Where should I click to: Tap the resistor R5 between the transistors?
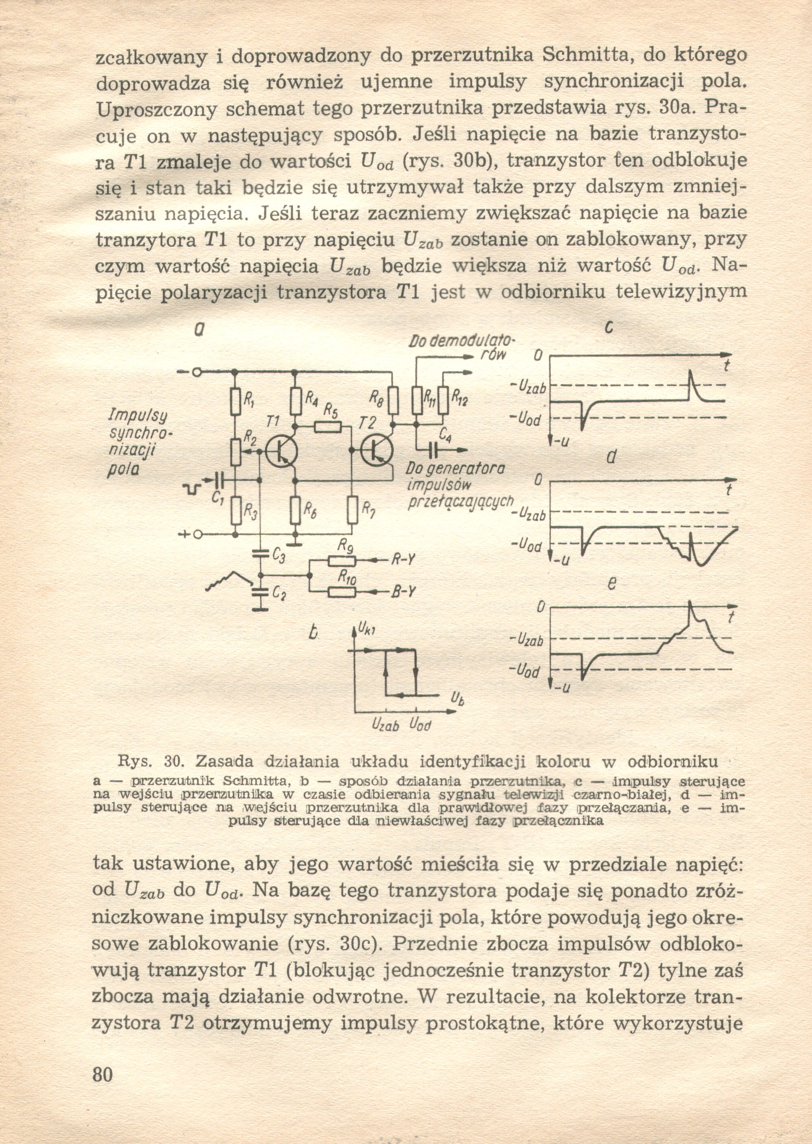328,426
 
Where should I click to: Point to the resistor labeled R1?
234,402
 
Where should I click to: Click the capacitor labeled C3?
260,553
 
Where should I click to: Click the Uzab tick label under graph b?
384,724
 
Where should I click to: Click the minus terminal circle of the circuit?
197,372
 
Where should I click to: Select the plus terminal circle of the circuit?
197,535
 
